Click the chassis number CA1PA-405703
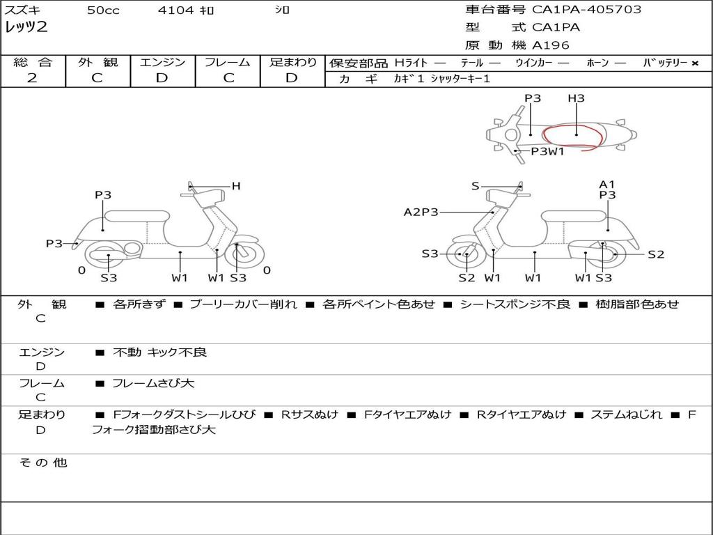586,9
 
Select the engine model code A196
551,45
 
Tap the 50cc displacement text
103,10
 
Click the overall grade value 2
32,78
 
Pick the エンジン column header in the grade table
162,62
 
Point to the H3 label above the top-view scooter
576,98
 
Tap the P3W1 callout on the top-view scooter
548,151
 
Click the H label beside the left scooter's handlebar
236,185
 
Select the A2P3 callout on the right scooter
421,212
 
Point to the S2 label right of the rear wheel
656,254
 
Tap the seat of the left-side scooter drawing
137,216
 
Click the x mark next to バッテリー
695,63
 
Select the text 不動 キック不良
159,352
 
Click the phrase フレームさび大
153,383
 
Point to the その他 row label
42,463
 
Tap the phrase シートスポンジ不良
515,304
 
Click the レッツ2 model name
26,27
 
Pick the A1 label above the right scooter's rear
606,184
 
